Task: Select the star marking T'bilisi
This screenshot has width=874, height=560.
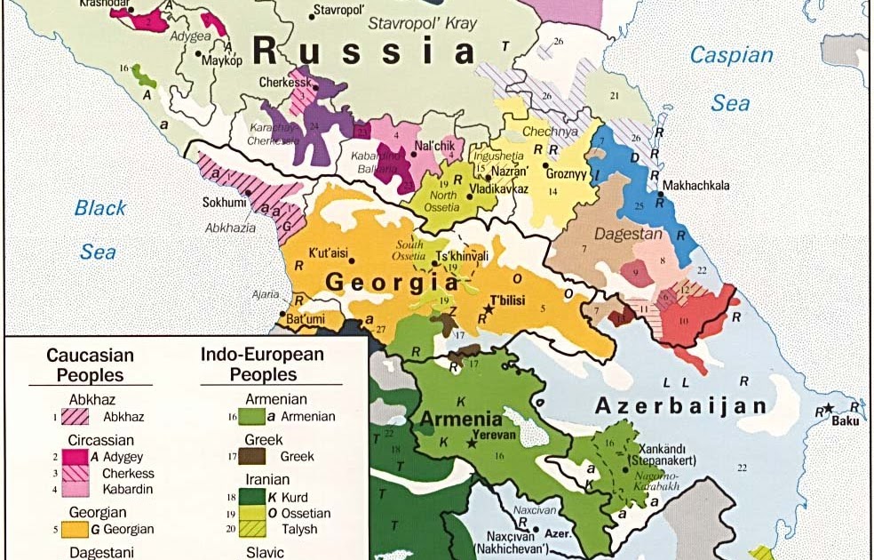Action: pos(487,312)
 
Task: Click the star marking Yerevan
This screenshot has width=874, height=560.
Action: pos(472,442)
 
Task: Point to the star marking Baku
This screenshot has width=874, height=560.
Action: pos(827,407)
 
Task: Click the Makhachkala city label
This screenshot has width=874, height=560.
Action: pos(696,185)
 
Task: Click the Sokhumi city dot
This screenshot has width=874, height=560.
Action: pos(248,192)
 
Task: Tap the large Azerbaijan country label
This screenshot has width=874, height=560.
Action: pos(679,406)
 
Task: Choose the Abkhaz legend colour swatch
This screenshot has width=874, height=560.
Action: pos(75,415)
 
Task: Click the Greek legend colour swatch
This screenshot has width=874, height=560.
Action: pos(251,456)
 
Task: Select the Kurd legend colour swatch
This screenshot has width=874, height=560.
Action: pos(251,497)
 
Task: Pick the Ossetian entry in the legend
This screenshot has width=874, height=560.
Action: pos(305,513)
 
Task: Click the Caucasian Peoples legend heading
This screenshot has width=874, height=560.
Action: pos(90,364)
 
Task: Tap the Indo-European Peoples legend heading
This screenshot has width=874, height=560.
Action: pos(262,364)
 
